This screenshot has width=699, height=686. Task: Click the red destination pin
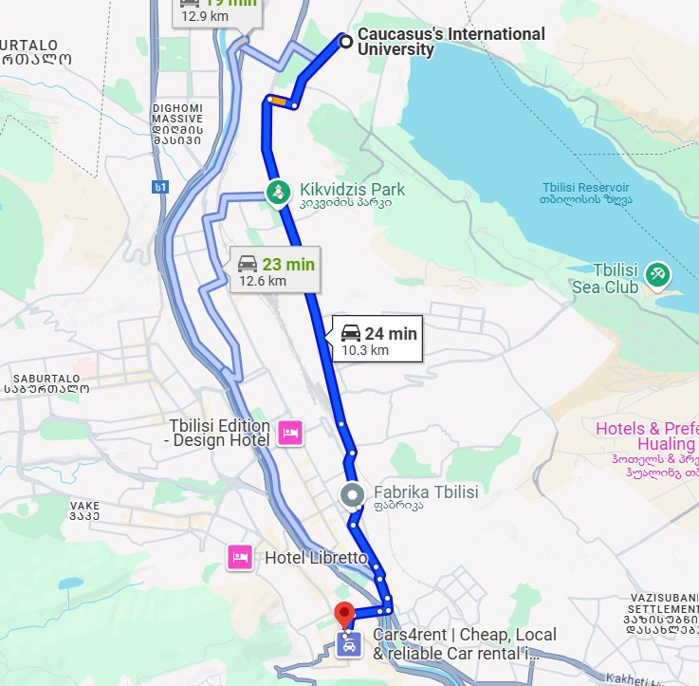click(x=345, y=614)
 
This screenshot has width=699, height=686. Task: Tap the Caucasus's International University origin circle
click(x=345, y=41)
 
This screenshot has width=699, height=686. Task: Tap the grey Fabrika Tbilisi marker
click(x=353, y=494)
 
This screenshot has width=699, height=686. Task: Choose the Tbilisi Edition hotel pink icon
click(x=291, y=434)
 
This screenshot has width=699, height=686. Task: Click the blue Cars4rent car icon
click(x=349, y=646)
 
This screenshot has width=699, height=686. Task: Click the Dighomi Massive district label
click(x=177, y=123)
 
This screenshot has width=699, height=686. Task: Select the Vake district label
click(x=84, y=510)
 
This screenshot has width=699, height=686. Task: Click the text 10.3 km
click(x=365, y=350)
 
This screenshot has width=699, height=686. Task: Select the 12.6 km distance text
click(x=263, y=281)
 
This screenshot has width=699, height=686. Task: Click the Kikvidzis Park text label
click(x=352, y=190)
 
